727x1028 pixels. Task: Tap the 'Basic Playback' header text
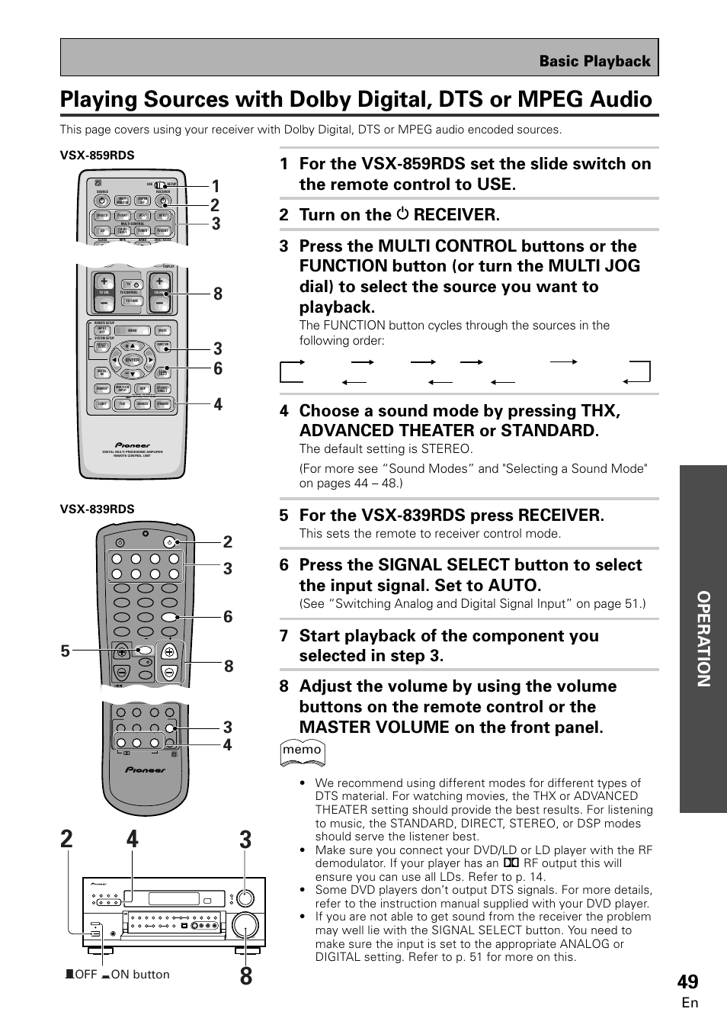(x=594, y=61)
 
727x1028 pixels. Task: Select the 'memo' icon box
(x=303, y=750)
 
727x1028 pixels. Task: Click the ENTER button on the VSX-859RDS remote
(x=133, y=360)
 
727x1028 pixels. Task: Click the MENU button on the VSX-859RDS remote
(x=133, y=331)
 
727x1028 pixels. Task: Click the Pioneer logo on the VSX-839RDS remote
(x=145, y=770)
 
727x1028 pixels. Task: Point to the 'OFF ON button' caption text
(x=117, y=974)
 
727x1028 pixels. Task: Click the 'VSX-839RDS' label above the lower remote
(x=98, y=509)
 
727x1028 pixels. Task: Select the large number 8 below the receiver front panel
(x=245, y=975)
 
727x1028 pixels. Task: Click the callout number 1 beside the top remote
(x=216, y=186)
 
